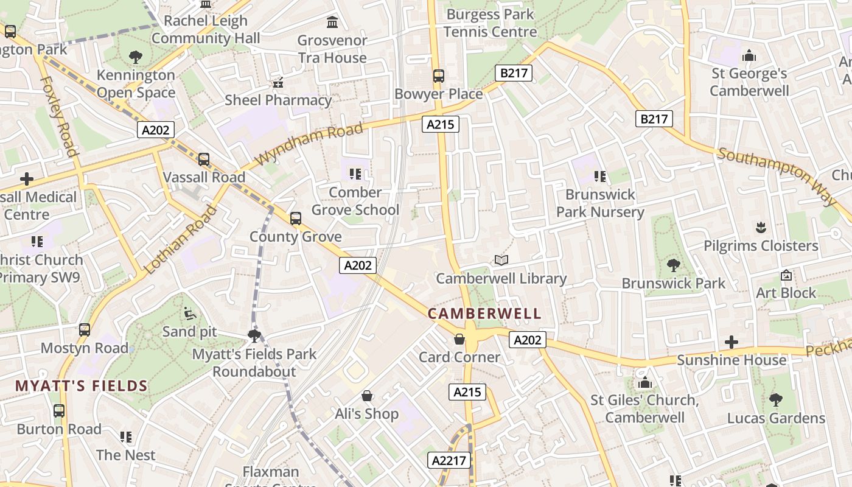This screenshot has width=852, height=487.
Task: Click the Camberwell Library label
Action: point(501,279)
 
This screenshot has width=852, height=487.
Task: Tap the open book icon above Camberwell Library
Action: point(501,261)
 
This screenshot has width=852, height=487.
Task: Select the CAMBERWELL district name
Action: point(484,314)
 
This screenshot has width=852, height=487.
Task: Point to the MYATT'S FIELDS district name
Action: point(82,385)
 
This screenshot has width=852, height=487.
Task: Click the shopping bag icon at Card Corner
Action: point(459,339)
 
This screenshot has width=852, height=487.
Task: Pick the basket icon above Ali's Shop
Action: point(367,396)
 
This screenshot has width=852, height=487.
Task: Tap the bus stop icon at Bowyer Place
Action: point(439,76)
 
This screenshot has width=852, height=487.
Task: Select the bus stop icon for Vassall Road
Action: point(204,159)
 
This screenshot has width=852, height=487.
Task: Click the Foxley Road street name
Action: point(59,116)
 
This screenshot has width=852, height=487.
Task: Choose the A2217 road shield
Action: point(450,461)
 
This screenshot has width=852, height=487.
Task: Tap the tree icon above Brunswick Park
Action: point(673,265)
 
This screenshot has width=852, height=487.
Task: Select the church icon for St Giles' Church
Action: point(645,383)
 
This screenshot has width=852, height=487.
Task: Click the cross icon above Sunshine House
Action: point(732,342)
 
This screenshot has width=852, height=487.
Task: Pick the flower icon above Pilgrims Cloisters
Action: point(760,228)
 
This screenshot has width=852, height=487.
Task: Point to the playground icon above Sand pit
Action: point(190,314)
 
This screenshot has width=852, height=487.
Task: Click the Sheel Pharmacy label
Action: point(279,100)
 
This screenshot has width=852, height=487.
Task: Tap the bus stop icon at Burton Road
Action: point(59,411)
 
